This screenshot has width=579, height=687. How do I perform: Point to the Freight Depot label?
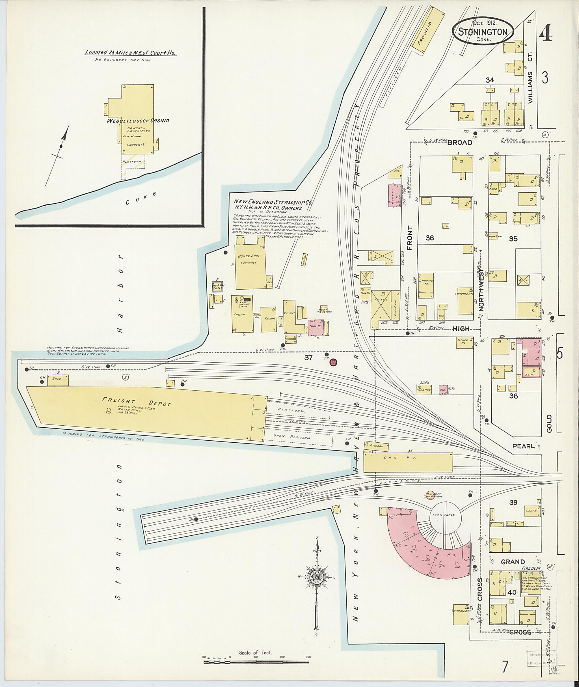[136, 402]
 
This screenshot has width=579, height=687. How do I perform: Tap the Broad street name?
[459, 143]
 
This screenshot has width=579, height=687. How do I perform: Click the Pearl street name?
[524, 446]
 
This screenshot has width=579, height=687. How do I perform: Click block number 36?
[430, 238]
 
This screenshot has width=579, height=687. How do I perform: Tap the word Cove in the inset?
[141, 198]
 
